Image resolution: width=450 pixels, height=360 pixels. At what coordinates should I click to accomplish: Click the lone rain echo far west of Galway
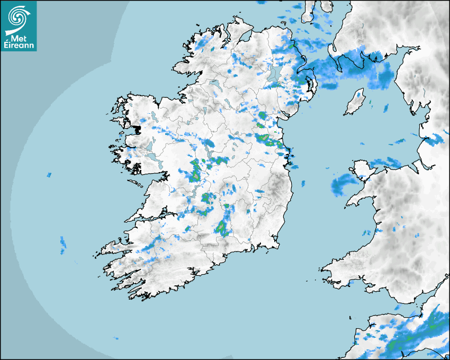(49, 174)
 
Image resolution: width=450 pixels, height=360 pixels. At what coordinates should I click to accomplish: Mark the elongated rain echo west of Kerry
(63, 242)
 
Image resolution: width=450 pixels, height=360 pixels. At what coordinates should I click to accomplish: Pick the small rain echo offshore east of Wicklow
(303, 183)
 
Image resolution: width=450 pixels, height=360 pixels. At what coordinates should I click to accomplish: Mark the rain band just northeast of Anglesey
(385, 161)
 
